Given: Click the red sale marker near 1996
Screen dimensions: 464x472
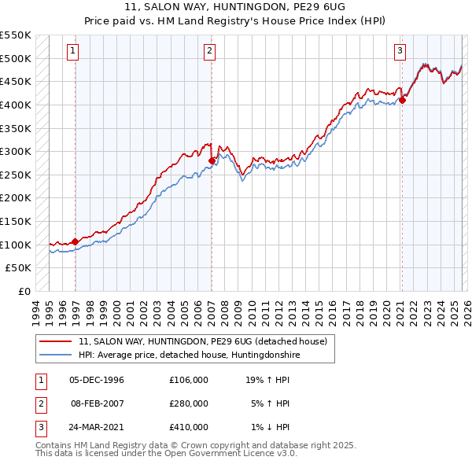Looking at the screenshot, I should (x=75, y=241).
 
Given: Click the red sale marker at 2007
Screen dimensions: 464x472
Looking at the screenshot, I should (x=212, y=160).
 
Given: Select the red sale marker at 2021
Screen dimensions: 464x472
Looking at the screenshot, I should (x=402, y=100).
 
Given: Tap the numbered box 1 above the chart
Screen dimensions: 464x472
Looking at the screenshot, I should (x=72, y=52).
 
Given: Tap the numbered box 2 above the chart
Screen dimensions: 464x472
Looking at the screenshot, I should (x=210, y=52).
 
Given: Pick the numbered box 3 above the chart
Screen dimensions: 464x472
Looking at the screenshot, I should (x=400, y=52).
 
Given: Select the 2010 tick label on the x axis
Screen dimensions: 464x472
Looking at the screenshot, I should (x=252, y=311).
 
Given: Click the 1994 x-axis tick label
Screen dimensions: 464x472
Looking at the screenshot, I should (x=36, y=311).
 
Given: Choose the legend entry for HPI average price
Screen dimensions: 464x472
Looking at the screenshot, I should (x=189, y=355).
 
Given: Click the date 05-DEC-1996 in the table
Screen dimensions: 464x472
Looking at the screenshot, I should (x=97, y=380).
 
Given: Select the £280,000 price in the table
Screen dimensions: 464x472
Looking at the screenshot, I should (x=189, y=403).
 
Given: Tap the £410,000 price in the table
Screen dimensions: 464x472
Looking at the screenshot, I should (x=189, y=427).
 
